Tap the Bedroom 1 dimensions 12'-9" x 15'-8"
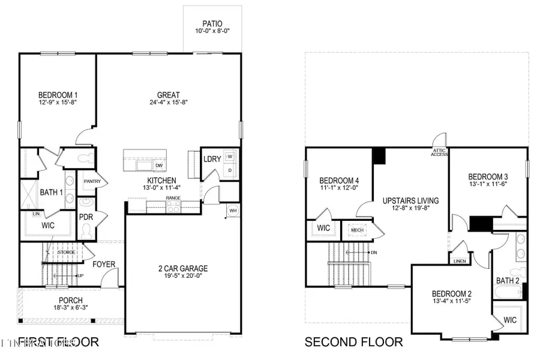[58, 103]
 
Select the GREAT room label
[169, 95]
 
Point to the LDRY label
[212, 159]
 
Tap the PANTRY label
[92, 181]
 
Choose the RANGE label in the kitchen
[173, 197]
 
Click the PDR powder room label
[85, 217]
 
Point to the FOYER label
[104, 263]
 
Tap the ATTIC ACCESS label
[440, 153]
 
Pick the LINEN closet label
[460, 262]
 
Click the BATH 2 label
[508, 280]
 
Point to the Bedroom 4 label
[339, 181]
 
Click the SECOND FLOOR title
[353, 342]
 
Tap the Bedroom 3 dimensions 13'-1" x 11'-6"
[488, 185]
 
